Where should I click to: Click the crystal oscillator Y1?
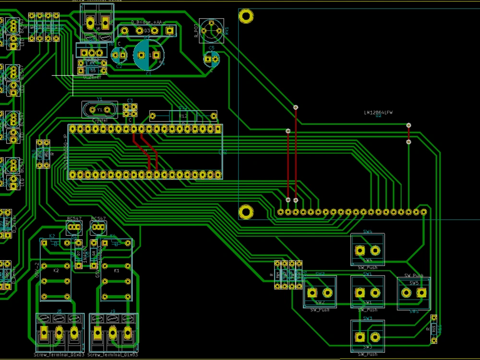click(99, 110)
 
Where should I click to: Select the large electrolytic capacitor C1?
click(148, 55)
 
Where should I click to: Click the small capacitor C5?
click(211, 59)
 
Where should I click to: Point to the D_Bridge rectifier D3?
click(147, 31)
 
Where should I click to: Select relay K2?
click(56, 270)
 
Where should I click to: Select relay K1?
click(116, 270)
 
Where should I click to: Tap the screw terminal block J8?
click(59, 332)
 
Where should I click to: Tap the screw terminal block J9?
click(113, 332)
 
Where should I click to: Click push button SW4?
click(367, 250)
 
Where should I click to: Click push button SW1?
click(367, 292)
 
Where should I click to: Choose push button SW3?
click(367, 336)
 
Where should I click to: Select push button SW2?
click(320, 292)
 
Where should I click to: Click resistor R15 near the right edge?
click(434, 329)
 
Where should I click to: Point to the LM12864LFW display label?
click(378, 113)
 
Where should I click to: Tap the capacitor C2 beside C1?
click(119, 55)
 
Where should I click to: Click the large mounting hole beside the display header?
click(246, 211)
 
